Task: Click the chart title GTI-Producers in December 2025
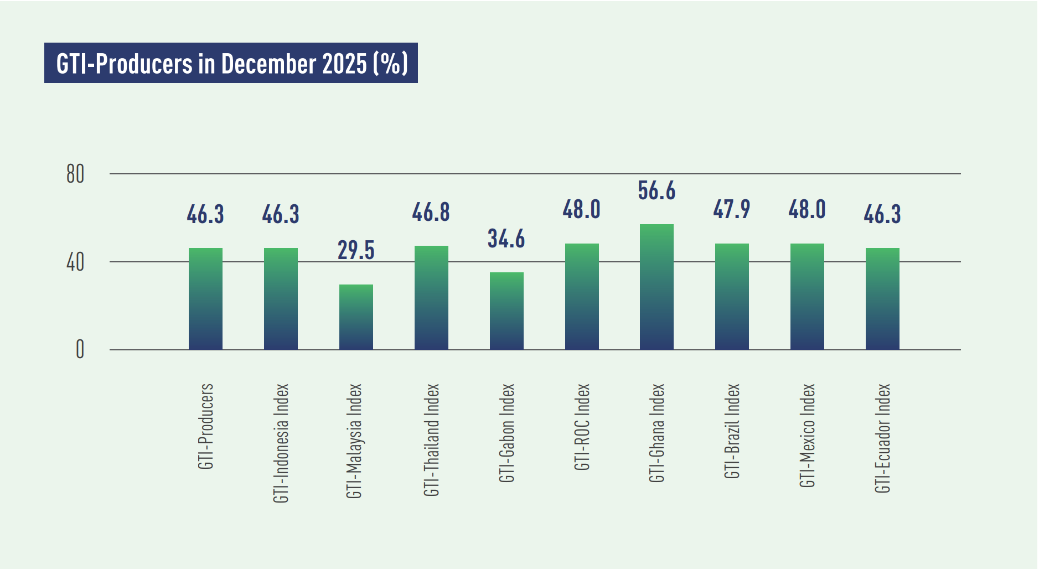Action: tap(231, 63)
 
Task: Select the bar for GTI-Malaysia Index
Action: tap(356, 317)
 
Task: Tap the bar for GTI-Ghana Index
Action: tap(657, 287)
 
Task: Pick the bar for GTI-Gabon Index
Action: tap(506, 311)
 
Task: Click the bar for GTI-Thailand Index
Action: tap(431, 298)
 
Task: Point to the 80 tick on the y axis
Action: tap(75, 174)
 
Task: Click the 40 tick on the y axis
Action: tap(75, 262)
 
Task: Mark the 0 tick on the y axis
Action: tap(80, 350)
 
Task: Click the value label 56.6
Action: tap(657, 191)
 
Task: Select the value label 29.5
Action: tap(356, 250)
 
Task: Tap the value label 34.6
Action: tap(506, 239)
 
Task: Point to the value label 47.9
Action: tap(732, 210)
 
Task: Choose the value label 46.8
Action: tap(431, 213)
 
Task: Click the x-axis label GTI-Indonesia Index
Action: tap(281, 443)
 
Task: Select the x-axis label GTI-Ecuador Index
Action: tap(882, 438)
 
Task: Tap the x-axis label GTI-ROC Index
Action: tap(582, 427)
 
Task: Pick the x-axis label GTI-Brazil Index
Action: tap(732, 431)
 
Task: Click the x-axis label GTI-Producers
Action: tap(206, 426)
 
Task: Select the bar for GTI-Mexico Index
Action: tap(807, 297)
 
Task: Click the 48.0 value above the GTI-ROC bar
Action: tap(582, 210)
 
